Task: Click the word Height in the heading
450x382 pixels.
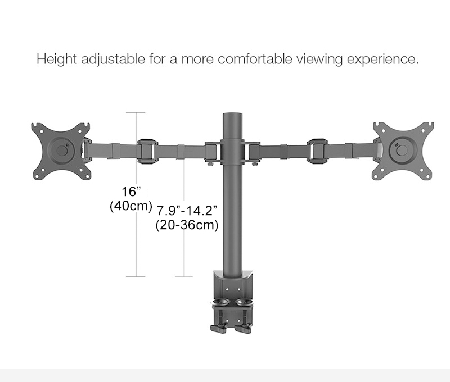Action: point(54,59)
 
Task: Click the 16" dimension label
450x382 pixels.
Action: point(130,191)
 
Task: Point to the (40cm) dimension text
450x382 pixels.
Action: point(130,206)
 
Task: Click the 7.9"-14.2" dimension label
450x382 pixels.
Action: point(187,211)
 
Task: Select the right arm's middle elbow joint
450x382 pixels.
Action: point(317,151)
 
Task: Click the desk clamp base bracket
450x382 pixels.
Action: point(231,286)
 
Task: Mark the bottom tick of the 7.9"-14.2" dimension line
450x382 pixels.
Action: point(184,276)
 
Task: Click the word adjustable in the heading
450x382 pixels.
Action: point(109,59)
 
